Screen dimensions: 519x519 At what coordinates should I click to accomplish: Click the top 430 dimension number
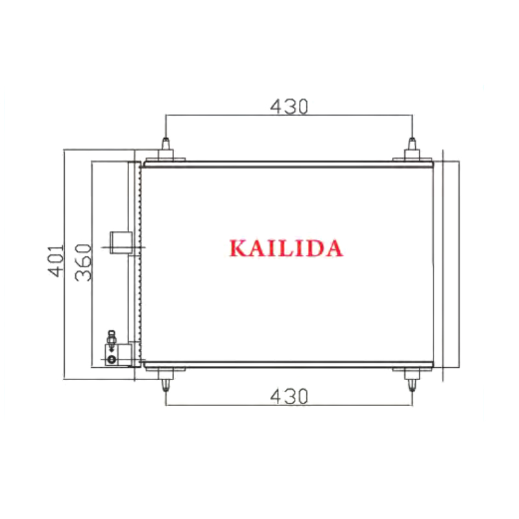coord(289,106)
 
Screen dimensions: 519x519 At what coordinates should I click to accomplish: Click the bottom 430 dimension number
coord(289,396)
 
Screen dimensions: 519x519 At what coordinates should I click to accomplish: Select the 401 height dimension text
coord(56,261)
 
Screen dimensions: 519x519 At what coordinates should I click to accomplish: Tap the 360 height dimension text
coord(83,263)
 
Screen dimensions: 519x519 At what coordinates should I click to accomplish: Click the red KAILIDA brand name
coord(286,248)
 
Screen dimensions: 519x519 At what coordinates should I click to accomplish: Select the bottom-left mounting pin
coord(165,385)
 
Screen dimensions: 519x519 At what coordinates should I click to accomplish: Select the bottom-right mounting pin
coord(412,385)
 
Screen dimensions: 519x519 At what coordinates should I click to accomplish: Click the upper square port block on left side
coord(121,243)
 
